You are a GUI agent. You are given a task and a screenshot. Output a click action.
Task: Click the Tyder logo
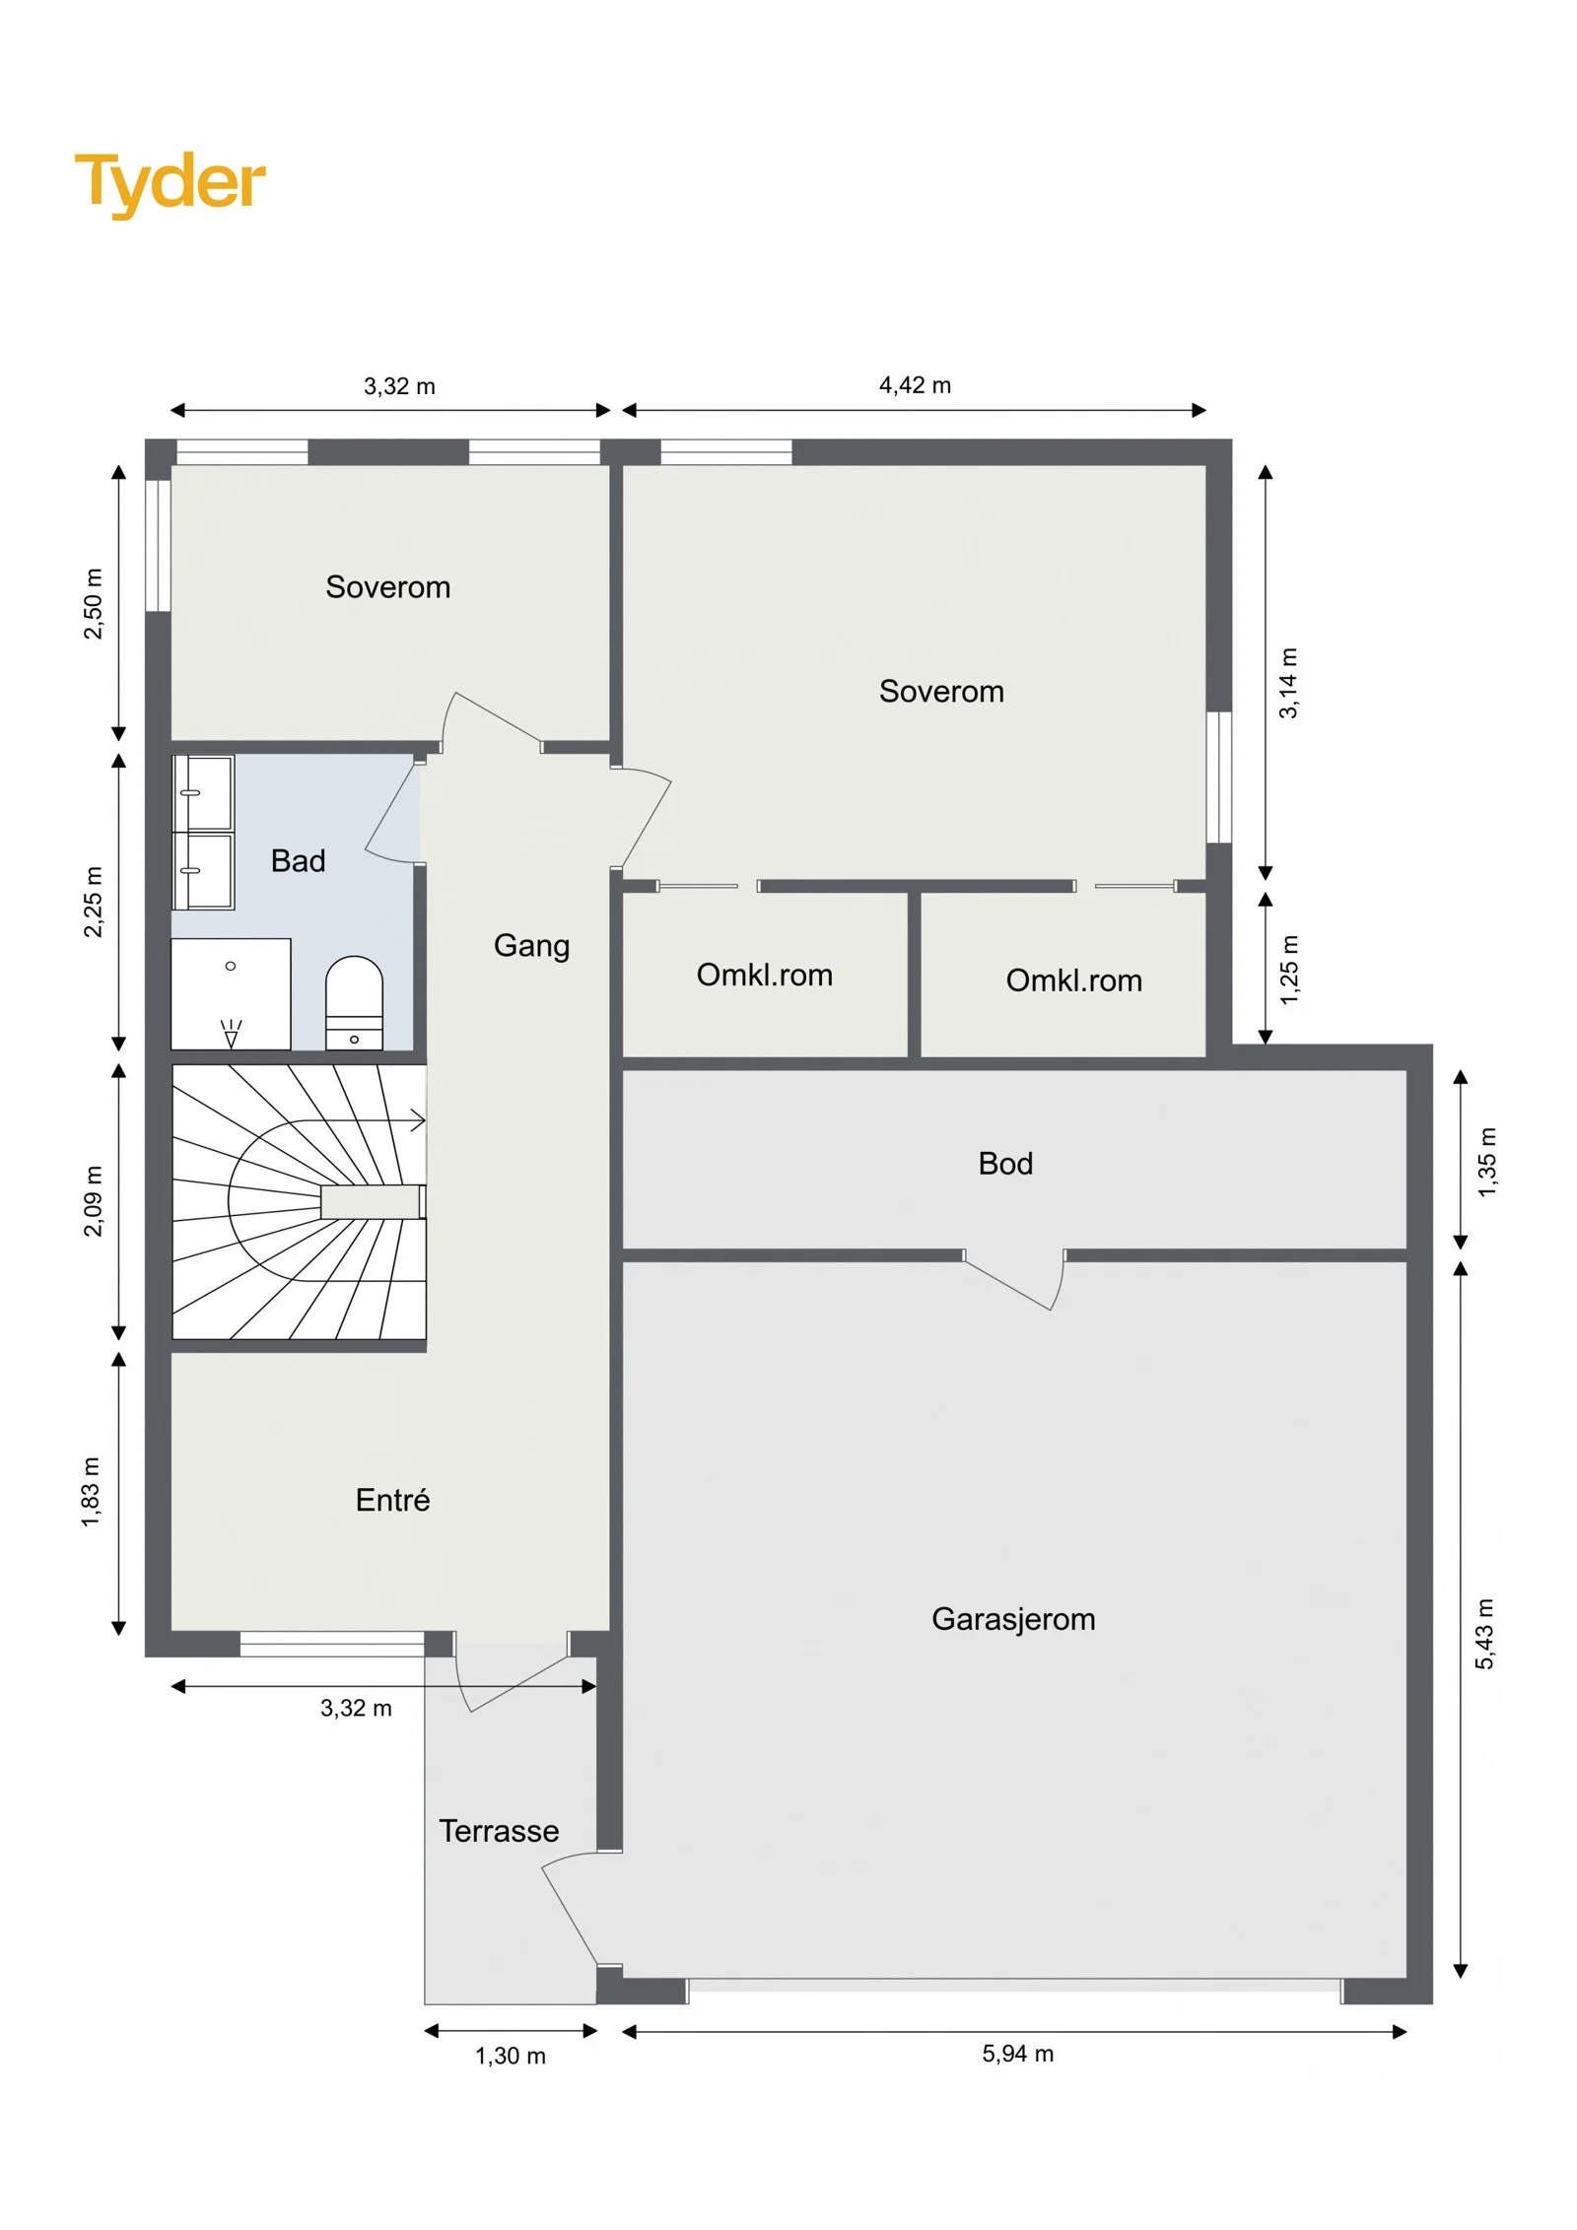170,184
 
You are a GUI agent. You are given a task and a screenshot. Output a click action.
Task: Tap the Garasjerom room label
1013,1619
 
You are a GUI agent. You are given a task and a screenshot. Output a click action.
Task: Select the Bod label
1005,1164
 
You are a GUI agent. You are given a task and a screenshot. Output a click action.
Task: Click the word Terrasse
499,1831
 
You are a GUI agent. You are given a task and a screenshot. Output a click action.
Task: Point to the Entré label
392,1500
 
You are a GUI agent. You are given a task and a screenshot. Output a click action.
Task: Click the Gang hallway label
531,946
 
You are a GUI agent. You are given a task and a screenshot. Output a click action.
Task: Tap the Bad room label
298,861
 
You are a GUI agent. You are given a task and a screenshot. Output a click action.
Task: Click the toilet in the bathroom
354,1002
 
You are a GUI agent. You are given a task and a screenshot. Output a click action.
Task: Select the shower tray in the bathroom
231,993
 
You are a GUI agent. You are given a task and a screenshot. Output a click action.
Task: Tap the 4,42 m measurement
915,385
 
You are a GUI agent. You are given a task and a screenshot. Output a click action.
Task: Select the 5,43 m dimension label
1484,1635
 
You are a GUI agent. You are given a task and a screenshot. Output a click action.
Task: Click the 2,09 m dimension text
93,1201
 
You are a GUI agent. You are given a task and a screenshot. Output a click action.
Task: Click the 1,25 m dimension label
1289,970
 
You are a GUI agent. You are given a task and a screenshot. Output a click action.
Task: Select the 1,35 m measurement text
1486,1163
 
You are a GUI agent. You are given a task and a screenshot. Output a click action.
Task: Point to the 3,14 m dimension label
1288,683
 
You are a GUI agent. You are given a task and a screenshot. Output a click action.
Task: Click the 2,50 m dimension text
93,604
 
